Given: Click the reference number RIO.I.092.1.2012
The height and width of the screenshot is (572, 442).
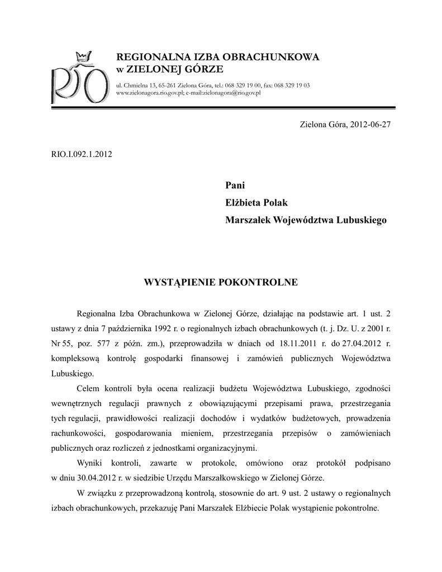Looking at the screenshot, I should point(82,154).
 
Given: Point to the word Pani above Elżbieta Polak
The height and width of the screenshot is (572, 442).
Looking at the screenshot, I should point(235,185).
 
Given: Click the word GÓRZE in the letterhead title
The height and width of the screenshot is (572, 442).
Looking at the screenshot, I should point(204,69).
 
